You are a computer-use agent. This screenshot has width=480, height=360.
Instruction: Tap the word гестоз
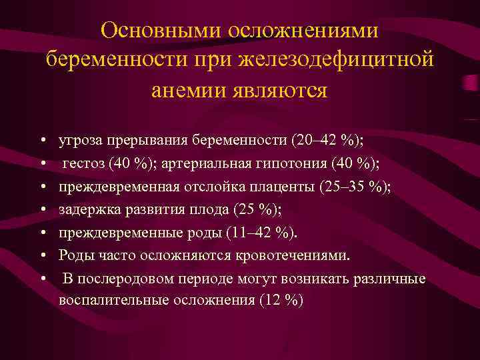coord(84,164)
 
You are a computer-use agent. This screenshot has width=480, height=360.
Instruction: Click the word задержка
coord(86,209)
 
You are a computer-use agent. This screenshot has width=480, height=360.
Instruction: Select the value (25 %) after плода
coord(257,209)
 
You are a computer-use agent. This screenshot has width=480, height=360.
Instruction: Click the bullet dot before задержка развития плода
coord(42,210)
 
